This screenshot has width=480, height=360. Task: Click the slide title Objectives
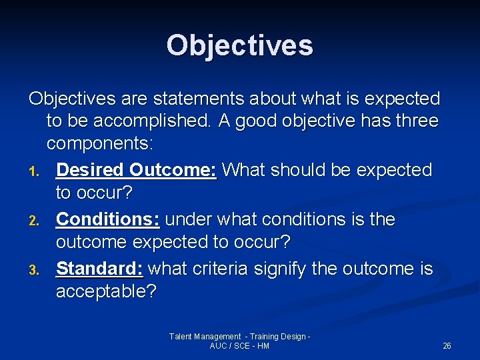(239, 45)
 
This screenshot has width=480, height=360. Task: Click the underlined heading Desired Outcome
(136, 170)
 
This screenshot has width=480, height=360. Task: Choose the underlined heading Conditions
(107, 219)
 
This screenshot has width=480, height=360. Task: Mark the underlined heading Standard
(99, 269)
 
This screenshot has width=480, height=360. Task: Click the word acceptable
(105, 292)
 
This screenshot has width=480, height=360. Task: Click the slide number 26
(447, 346)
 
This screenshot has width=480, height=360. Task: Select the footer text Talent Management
(205, 337)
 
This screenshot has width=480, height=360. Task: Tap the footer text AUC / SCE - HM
(239, 346)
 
